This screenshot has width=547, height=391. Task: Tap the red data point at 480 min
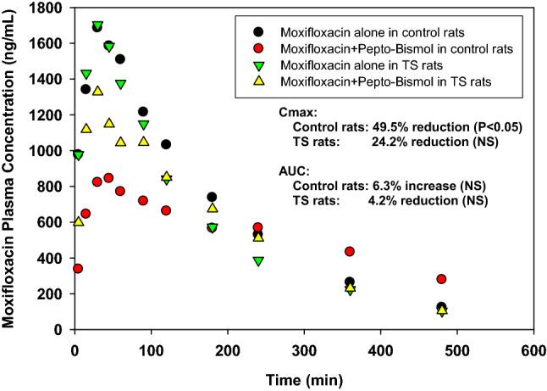441,279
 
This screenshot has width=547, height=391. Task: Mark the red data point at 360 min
350,251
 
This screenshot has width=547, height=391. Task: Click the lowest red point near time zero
78,268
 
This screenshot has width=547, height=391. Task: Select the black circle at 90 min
143,112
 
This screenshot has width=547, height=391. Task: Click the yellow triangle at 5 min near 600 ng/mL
79,221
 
